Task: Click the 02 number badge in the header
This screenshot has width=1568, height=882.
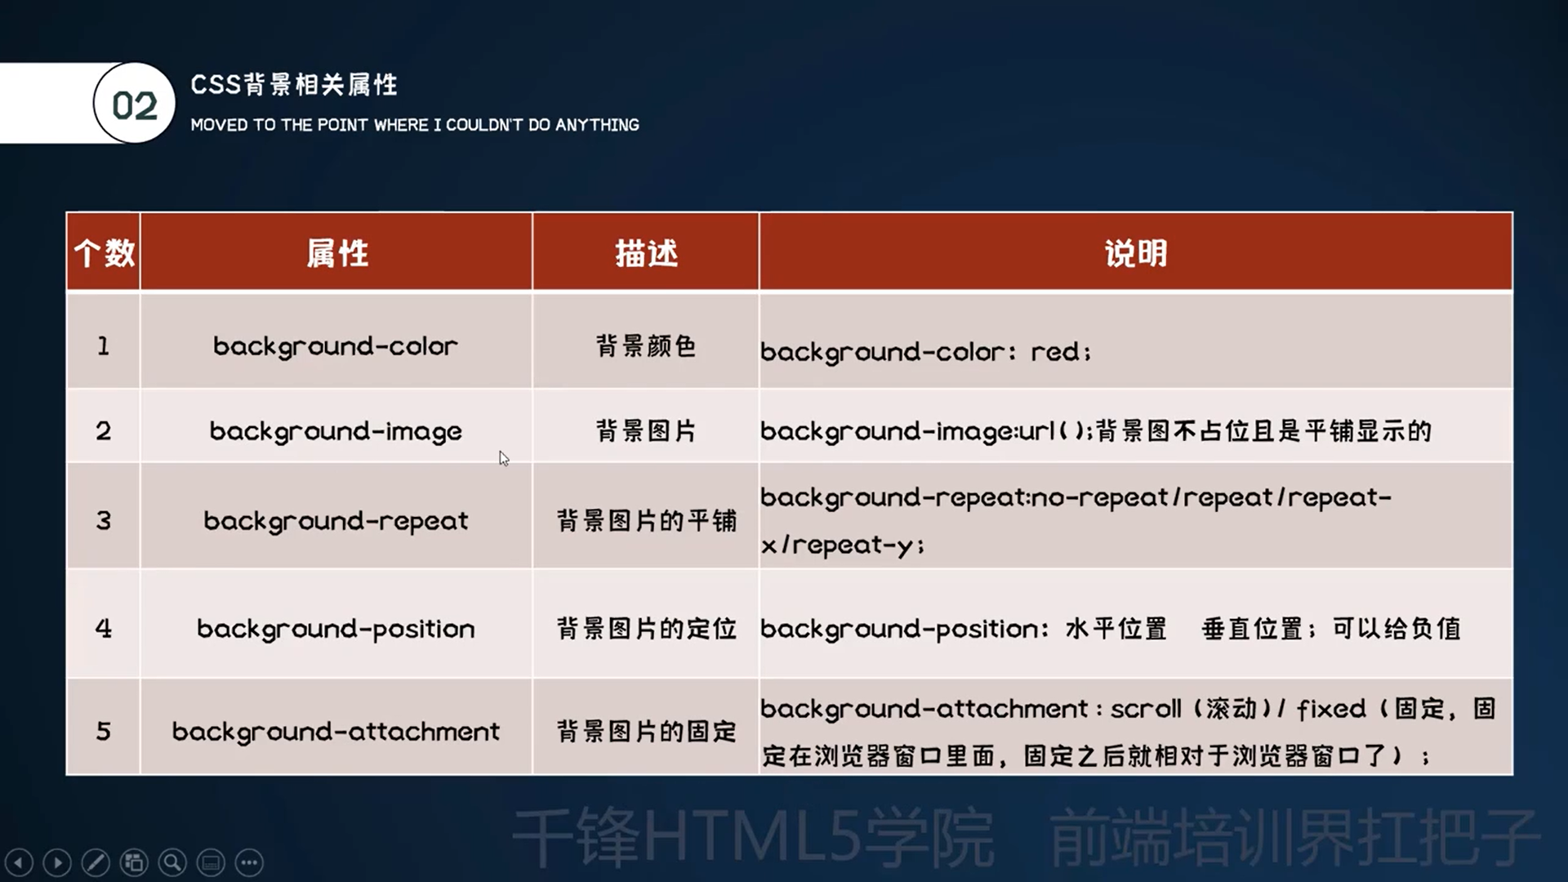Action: click(x=135, y=104)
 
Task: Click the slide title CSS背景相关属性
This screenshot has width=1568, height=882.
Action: click(x=294, y=84)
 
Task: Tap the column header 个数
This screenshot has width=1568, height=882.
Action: click(x=104, y=252)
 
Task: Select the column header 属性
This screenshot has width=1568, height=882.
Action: click(x=336, y=253)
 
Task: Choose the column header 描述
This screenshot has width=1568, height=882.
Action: click(x=646, y=253)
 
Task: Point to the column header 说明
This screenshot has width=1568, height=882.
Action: click(x=1136, y=253)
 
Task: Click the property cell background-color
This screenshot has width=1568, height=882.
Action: click(x=336, y=346)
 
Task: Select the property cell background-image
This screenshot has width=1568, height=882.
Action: click(x=336, y=431)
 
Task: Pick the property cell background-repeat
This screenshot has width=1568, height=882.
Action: click(x=336, y=521)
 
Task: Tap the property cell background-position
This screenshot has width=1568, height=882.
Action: click(x=336, y=629)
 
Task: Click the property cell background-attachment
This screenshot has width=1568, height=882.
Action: click(x=336, y=731)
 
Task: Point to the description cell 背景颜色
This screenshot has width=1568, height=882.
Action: click(x=646, y=346)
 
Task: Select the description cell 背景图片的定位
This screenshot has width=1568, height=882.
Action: click(x=646, y=629)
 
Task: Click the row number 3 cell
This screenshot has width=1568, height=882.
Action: click(x=104, y=521)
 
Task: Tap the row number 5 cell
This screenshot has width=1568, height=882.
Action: click(x=104, y=731)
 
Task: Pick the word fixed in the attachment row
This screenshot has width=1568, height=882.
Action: click(x=1331, y=708)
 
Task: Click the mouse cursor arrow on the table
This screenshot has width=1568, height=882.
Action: click(x=504, y=458)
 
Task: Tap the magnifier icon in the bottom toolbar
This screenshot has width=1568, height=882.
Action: click(x=172, y=862)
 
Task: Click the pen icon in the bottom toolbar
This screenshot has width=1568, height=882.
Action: click(x=96, y=862)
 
